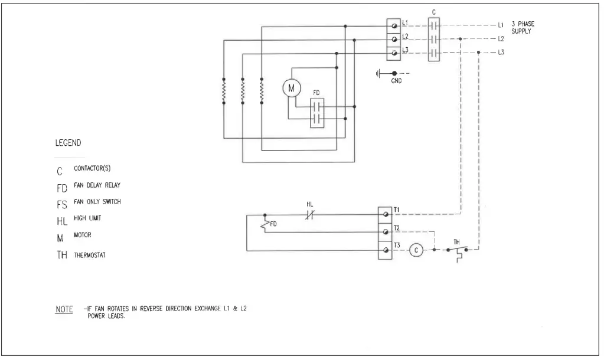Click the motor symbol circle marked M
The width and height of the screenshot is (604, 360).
pos(290,88)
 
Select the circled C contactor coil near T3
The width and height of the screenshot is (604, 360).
pos(416,250)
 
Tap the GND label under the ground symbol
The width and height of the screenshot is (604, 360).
pos(396,81)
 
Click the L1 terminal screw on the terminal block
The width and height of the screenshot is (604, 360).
pos(394,25)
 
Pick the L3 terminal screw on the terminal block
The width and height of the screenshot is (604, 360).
pos(394,53)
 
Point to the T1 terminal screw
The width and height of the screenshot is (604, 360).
pos(386,212)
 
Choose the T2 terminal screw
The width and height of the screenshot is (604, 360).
pos(386,231)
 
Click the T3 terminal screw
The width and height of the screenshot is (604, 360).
pos(386,251)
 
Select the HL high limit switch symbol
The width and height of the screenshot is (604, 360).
pos(310,215)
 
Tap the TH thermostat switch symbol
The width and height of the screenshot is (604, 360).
pos(458,251)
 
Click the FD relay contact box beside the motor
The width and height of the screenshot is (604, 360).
pos(318,113)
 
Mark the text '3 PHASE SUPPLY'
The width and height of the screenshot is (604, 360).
pos(523,28)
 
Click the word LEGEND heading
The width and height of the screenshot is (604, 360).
pos(68,143)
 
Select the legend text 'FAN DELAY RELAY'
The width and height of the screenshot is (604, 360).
pos(97,185)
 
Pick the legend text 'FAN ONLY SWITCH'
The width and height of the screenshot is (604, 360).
pos(97,202)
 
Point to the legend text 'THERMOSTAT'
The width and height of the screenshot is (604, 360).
pos(90,256)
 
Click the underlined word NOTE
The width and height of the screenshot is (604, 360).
pos(64,309)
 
